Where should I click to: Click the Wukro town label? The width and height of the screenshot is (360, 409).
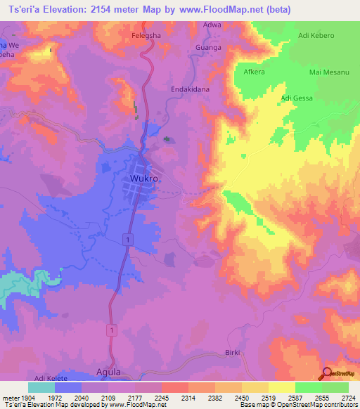143,179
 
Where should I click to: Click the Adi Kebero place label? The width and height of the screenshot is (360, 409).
317,34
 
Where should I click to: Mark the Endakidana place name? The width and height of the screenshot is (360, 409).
191,90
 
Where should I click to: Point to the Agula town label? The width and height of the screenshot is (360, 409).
108,372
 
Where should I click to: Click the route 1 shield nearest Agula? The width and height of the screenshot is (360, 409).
111,329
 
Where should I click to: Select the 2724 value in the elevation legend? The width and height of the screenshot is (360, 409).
347,398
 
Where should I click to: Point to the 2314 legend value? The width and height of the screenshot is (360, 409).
188,398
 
